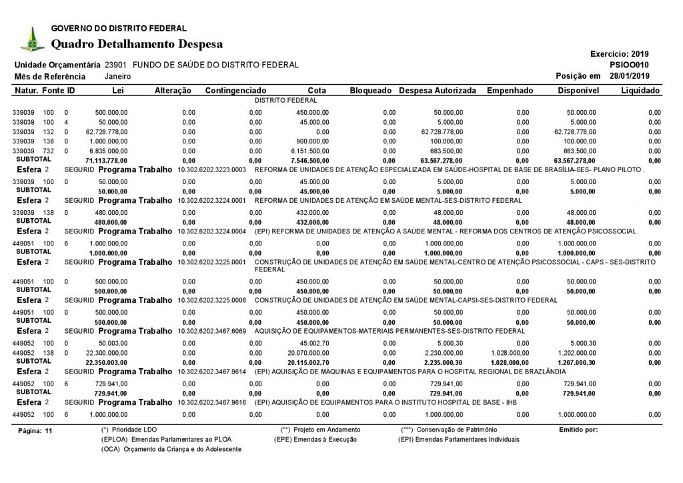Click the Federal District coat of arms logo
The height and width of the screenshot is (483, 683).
(30, 39)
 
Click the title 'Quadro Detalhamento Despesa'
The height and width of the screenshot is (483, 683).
(137, 44)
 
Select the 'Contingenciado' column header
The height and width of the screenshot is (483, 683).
(236, 90)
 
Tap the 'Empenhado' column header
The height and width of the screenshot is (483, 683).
(510, 90)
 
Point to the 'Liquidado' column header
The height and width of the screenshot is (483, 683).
(640, 90)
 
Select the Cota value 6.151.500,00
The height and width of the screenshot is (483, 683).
(307, 151)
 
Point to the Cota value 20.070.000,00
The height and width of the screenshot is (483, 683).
(306, 352)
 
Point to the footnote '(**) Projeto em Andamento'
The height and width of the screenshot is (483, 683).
(321, 430)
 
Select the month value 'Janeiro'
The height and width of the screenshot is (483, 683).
(117, 77)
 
